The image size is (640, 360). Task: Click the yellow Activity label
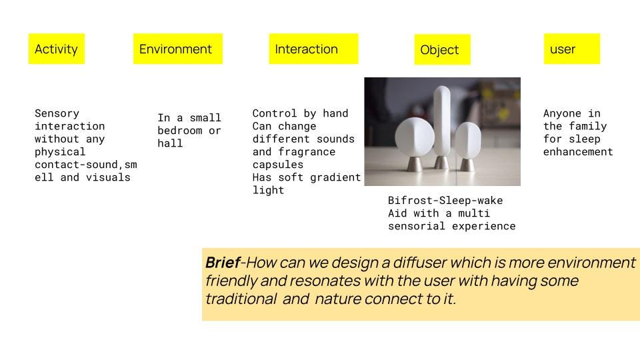click(x=56, y=49)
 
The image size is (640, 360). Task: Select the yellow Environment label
click(x=178, y=49)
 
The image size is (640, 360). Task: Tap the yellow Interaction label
click(x=313, y=49)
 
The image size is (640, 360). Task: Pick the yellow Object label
click(x=443, y=49)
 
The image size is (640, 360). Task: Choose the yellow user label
click(x=572, y=49)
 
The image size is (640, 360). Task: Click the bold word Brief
click(x=223, y=263)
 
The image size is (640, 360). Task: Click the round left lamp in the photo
click(x=415, y=137)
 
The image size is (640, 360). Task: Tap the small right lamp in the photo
click(x=468, y=139)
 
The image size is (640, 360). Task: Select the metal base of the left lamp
click(x=415, y=164)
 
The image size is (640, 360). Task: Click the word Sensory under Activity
click(x=57, y=113)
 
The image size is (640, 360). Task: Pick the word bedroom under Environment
click(x=179, y=131)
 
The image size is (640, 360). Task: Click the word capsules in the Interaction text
click(x=278, y=165)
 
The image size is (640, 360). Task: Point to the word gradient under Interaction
click(x=335, y=177)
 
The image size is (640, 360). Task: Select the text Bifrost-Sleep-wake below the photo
click(x=445, y=201)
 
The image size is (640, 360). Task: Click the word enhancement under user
click(x=578, y=152)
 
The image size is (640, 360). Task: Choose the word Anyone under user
click(x=562, y=113)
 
